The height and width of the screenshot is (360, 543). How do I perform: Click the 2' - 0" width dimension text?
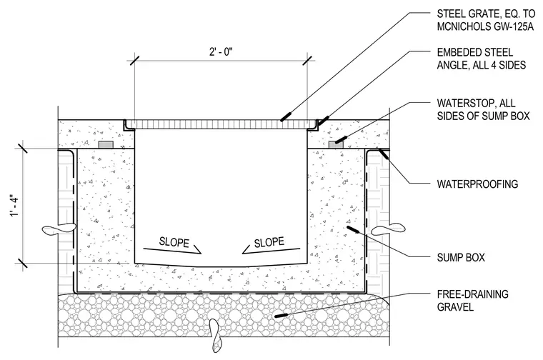221,52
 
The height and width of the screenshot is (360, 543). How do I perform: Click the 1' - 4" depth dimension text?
15,207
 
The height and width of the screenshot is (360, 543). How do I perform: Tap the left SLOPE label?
174,242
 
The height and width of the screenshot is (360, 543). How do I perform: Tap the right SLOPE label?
269,242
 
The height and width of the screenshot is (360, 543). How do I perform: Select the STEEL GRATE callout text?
486,20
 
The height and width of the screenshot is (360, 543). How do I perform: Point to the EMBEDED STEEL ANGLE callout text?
482,59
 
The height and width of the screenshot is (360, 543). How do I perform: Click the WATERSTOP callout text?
483,109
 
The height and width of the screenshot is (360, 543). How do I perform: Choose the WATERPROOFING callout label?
477,184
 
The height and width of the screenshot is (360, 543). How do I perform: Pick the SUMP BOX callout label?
461,258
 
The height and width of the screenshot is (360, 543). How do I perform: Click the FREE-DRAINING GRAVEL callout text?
473,301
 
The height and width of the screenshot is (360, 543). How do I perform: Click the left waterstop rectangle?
106,144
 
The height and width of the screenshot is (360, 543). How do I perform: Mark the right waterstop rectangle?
336,144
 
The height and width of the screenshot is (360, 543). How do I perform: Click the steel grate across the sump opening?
221,124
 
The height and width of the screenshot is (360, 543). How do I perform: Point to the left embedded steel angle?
129,126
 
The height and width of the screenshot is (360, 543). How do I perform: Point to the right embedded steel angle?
313,126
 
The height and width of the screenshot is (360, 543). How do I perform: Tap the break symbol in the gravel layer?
215,335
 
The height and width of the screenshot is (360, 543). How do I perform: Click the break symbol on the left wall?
59,229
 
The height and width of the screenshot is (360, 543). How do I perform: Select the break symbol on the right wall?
388,229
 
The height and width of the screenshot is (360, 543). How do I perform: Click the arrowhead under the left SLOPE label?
197,250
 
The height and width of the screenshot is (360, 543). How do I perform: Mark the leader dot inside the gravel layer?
282,315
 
